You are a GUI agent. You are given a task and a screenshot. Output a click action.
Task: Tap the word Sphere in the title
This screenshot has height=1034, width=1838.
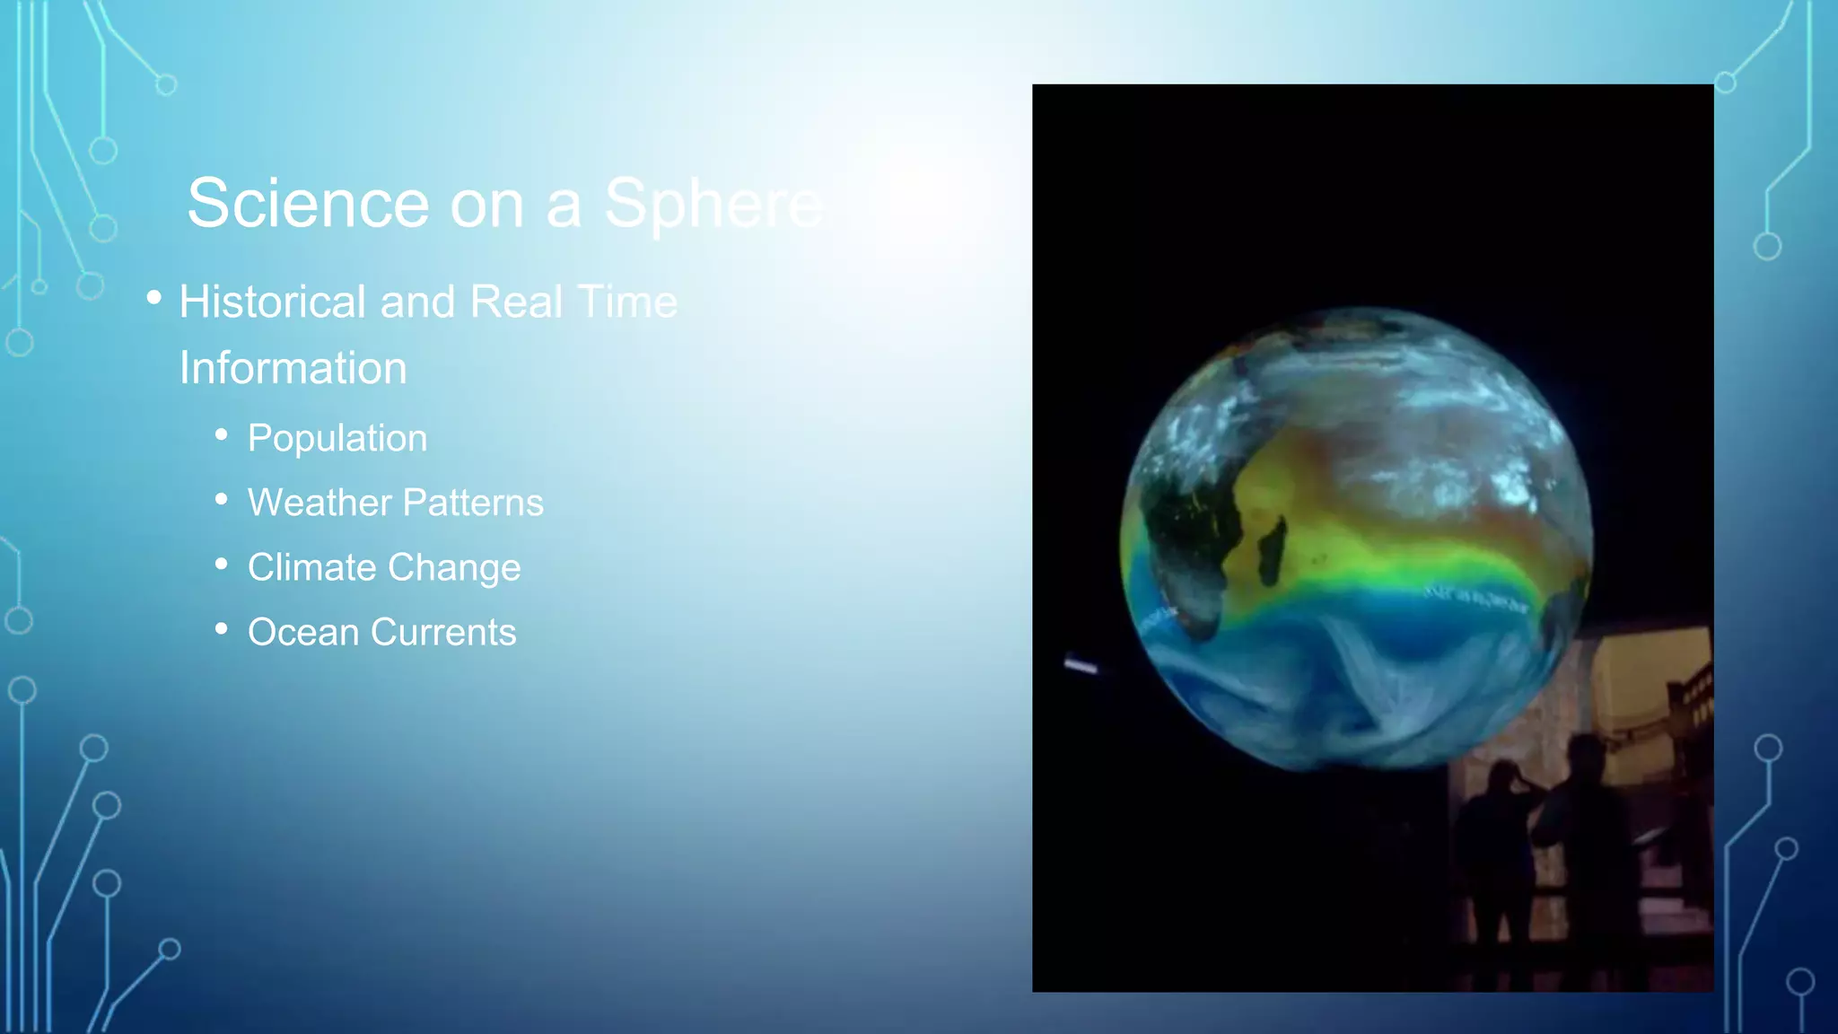(713, 204)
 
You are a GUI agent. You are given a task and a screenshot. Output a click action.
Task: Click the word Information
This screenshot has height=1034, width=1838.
(293, 368)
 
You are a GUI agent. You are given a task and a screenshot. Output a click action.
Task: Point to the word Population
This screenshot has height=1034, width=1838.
(337, 438)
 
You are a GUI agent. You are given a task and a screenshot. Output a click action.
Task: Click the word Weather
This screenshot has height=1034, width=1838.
(308, 503)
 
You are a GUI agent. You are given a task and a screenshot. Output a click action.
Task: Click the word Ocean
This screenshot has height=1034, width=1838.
(303, 632)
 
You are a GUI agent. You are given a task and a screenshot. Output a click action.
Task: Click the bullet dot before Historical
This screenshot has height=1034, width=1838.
(154, 297)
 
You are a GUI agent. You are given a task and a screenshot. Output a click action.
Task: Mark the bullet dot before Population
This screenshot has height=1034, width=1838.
(222, 435)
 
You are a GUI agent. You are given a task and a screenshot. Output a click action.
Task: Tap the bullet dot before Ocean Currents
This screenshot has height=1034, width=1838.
(222, 629)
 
